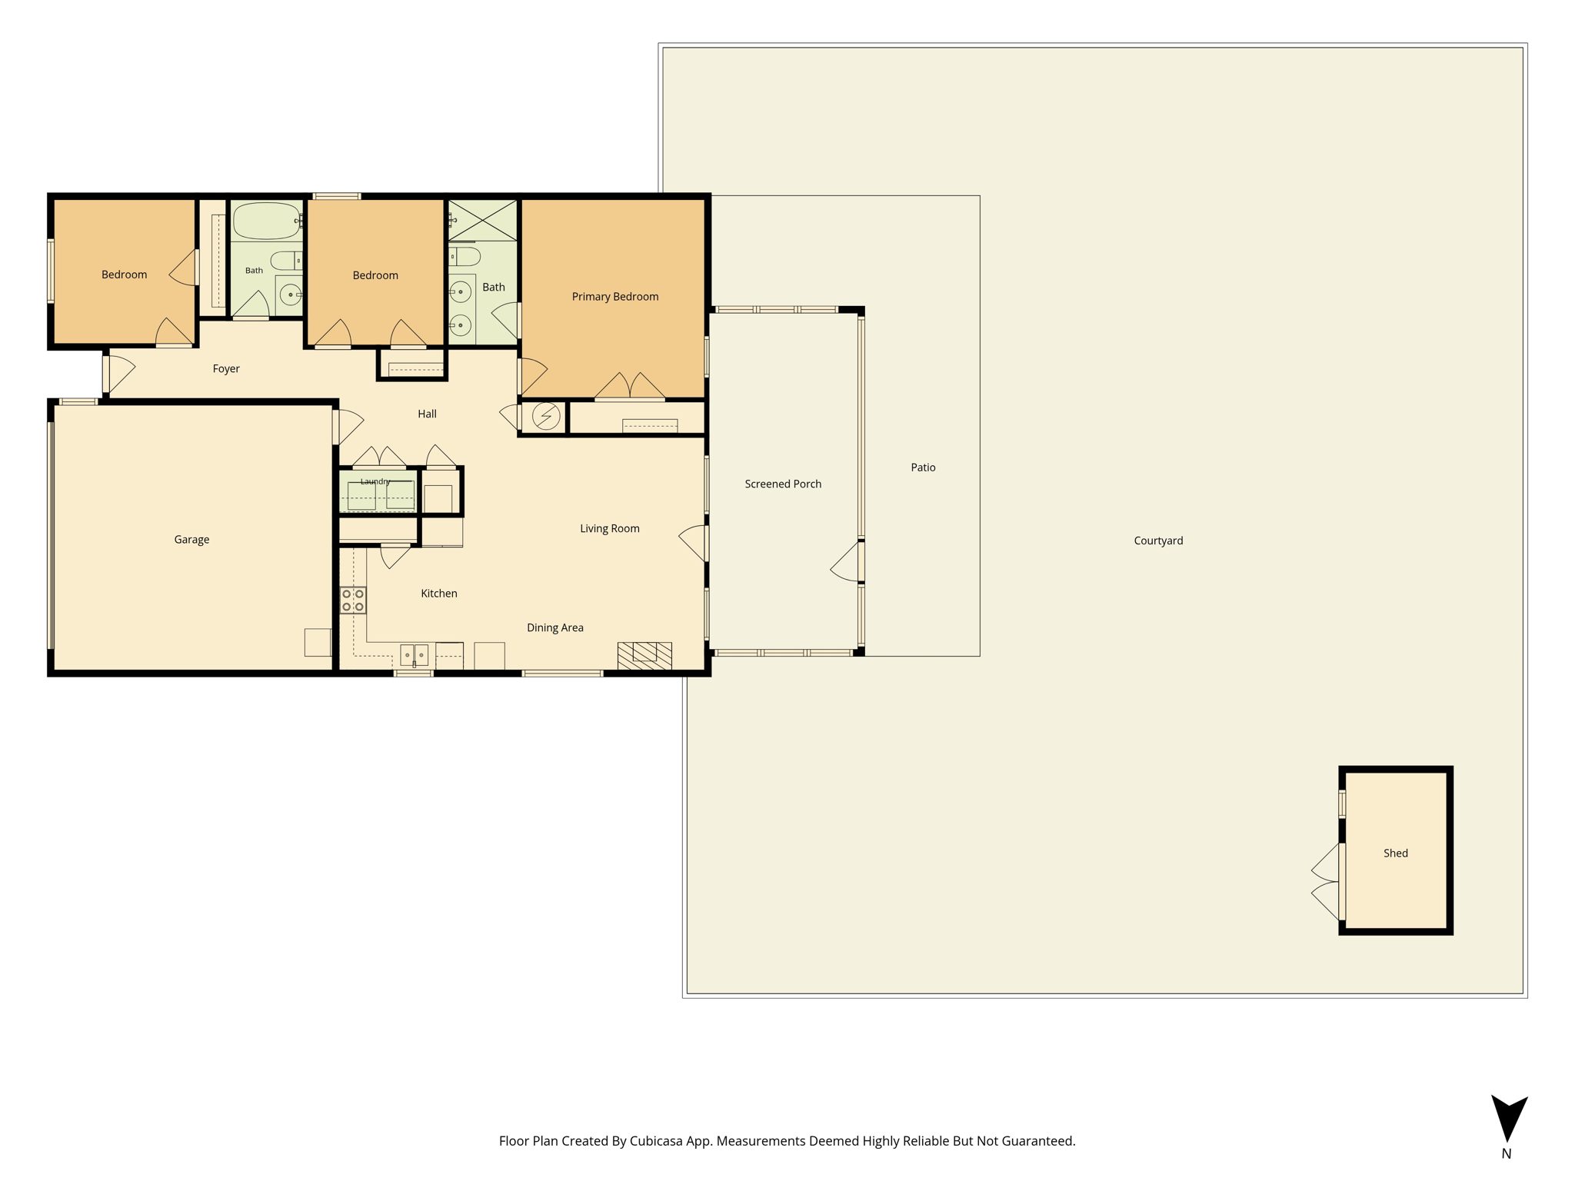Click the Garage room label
[x=191, y=540]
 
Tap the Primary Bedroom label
[x=615, y=297]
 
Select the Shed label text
[x=1396, y=853]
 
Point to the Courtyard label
[x=1158, y=541]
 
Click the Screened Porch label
[x=783, y=484]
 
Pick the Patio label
[x=923, y=467]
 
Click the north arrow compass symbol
[x=1509, y=1119]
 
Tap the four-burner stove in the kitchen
[x=353, y=600]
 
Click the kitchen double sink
[x=414, y=655]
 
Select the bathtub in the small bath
[x=267, y=221]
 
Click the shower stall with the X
[x=482, y=221]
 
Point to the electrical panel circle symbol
[x=546, y=416]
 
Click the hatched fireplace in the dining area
[x=644, y=656]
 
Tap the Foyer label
[x=226, y=369]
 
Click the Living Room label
[x=610, y=528]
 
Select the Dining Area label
[x=555, y=628]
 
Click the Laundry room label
[x=375, y=481]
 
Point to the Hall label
[x=427, y=414]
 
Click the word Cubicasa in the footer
[x=658, y=1141]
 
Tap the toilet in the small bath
[x=286, y=261]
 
